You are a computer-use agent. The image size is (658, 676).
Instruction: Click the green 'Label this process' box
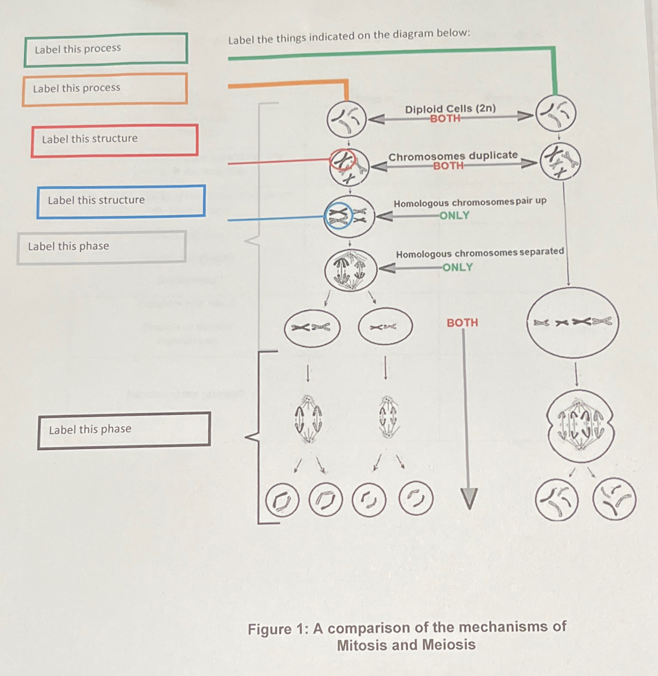tap(106, 49)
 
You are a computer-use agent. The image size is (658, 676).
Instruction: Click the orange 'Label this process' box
tap(105, 89)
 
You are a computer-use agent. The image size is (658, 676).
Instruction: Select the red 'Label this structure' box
tap(114, 140)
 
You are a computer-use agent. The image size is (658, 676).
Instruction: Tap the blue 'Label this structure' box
tap(121, 201)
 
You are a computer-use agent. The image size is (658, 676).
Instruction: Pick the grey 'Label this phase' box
tap(101, 247)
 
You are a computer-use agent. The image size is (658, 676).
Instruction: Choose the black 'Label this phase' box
tap(124, 430)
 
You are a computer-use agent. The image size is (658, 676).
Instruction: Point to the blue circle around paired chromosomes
tap(338, 216)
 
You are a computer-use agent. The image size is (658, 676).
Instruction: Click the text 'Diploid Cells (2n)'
tap(450, 109)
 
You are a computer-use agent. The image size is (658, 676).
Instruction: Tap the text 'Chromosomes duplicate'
tap(453, 156)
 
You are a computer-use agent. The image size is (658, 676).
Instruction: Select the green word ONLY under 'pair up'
tap(454, 216)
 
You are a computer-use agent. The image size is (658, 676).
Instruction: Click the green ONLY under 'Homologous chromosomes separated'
tap(457, 268)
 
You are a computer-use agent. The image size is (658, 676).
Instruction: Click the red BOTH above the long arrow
tap(462, 323)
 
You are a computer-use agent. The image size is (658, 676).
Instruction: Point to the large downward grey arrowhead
tap(469, 499)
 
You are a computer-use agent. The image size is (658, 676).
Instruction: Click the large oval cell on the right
tap(572, 323)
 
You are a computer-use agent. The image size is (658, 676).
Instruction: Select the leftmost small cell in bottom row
tap(282, 500)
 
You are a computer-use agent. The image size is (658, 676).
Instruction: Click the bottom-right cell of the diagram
tap(614, 499)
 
